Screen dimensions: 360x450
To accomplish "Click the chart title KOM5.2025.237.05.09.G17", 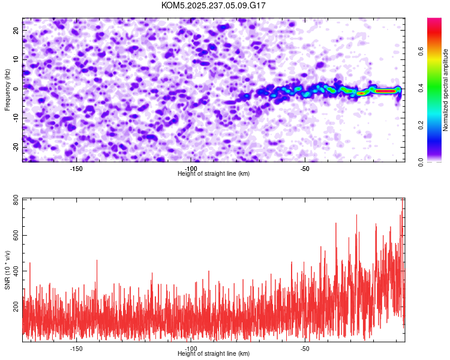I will point(214,5).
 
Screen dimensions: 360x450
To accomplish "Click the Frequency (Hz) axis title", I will point(7,89).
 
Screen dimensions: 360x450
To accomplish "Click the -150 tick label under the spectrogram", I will point(76,169).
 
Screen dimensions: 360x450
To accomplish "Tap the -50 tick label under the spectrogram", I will point(304,169).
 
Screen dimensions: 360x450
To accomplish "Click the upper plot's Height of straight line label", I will point(214,174).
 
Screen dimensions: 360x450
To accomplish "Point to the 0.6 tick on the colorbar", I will point(422,52).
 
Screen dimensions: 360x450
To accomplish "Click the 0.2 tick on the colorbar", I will point(422,125).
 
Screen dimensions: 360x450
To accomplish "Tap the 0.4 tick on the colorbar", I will point(422,89).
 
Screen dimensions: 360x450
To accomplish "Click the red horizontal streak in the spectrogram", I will point(384,91).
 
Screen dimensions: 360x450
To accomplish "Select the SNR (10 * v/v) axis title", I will point(7,270).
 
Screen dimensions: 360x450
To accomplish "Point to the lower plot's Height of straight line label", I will point(214,354).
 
